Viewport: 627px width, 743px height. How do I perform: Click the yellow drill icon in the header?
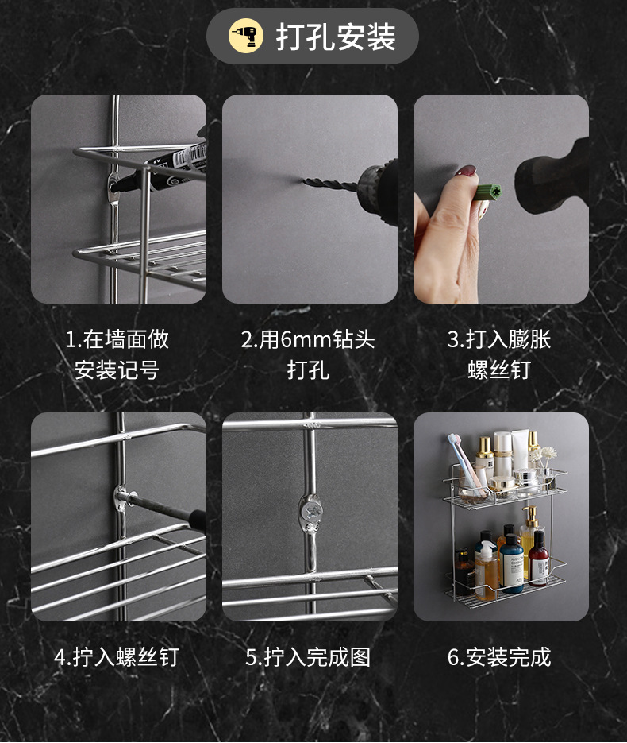(x=246, y=37)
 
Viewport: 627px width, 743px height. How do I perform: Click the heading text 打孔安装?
(x=336, y=37)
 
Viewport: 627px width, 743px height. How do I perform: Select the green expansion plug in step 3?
(x=488, y=192)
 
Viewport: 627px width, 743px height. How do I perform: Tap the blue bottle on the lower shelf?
(x=512, y=565)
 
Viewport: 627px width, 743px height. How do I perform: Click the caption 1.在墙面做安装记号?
(x=117, y=354)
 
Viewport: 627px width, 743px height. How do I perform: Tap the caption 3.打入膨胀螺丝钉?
(x=499, y=354)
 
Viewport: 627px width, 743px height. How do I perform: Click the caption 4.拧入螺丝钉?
(x=117, y=657)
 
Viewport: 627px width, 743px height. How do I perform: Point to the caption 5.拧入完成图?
(x=308, y=657)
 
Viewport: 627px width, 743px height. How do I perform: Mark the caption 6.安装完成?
(x=499, y=657)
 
